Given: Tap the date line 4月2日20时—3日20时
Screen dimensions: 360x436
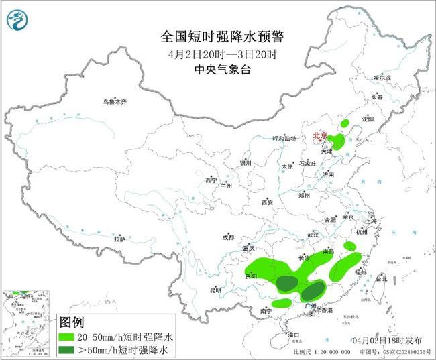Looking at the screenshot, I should tap(217, 54).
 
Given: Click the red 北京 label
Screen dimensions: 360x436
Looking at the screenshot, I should tap(321, 136).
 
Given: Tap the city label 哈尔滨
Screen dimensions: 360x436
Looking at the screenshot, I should tap(382, 78).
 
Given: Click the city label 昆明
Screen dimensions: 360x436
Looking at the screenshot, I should tap(215, 290).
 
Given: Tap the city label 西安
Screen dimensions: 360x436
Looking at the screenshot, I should tap(268, 202).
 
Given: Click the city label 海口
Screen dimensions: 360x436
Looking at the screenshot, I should tap(292, 333).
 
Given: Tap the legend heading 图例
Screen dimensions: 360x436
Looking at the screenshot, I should tap(74, 322).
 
